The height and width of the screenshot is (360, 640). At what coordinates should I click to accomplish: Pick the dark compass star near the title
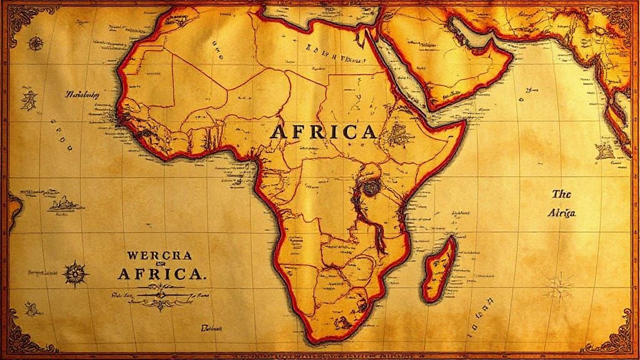point(75,274)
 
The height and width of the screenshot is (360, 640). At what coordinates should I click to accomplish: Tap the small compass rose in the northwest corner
point(36,44)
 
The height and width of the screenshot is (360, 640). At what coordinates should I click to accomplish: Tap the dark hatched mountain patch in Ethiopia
point(397,132)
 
